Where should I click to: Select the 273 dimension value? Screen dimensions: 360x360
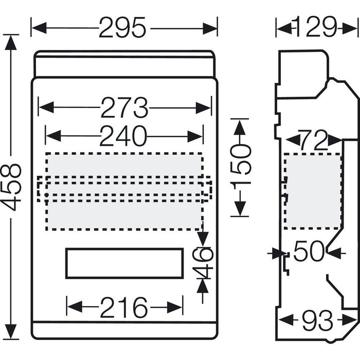coord(124,108)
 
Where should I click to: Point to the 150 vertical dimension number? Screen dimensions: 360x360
coord(240,168)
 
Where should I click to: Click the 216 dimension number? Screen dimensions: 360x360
coord(124,308)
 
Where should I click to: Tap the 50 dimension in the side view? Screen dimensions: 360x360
coord(309,253)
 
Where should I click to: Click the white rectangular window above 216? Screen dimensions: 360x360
coord(124,263)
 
